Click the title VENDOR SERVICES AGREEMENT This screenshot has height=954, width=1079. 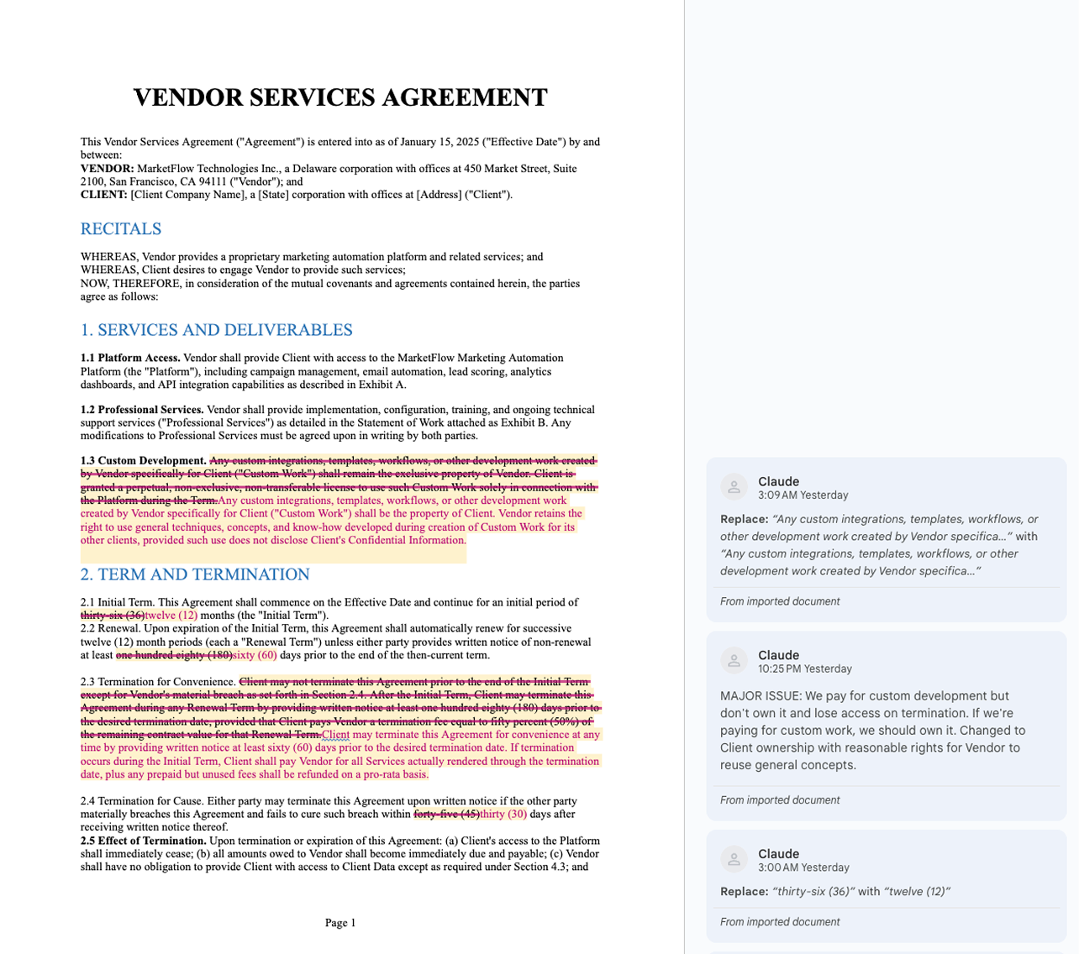pos(340,97)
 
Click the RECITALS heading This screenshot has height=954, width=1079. pos(121,229)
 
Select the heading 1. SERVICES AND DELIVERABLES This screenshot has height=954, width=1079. pos(216,330)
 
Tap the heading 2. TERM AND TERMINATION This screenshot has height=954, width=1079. pos(195,574)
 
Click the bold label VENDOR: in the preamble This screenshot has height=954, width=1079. pos(107,169)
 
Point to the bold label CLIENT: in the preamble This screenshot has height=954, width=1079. pos(104,195)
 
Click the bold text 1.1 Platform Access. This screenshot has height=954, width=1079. pos(130,358)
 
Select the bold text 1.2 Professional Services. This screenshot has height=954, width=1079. pos(142,410)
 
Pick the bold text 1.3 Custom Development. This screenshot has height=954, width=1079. pos(144,460)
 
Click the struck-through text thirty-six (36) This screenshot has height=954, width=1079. pos(113,616)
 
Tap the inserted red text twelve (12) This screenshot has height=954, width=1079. pos(171,616)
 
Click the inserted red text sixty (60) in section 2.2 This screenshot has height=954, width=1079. pos(255,655)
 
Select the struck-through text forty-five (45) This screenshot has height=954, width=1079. pos(446,814)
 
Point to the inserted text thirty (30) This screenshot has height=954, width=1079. pos(503,814)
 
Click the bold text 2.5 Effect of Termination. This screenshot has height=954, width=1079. pos(144,841)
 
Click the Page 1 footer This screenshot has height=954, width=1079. pos(340,923)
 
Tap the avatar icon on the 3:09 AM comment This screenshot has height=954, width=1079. pos(734,487)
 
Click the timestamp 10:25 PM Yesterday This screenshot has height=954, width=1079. pos(804,669)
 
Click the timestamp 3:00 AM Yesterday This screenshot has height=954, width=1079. pos(803,868)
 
